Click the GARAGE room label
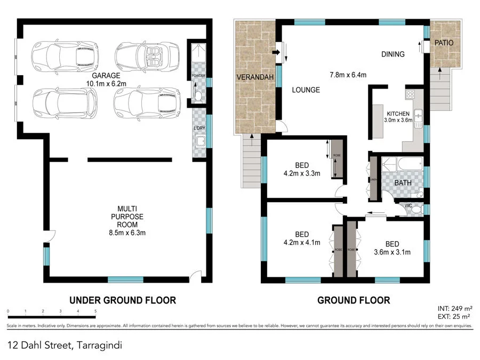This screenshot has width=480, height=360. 106,76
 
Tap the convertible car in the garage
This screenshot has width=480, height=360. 145,55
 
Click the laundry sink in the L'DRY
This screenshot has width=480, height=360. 201,141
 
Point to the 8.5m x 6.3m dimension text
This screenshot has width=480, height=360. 127,233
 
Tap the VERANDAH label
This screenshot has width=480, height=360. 255,78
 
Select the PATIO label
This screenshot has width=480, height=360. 443,42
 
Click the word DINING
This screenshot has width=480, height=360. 393,54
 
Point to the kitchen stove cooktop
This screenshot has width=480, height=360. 411,95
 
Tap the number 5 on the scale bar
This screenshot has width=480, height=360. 95,311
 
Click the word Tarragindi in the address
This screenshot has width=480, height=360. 99,345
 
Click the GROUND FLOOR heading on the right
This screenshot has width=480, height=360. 354,300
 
